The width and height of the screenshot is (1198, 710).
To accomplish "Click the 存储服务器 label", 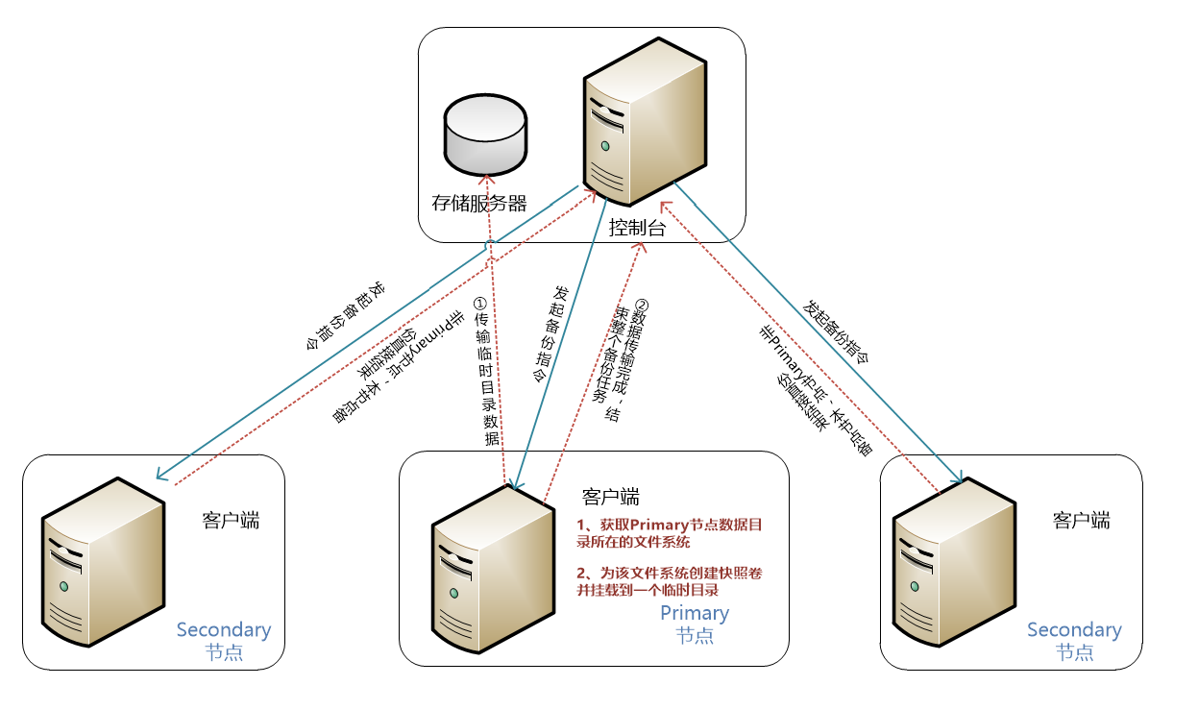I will pyautogui.click(x=479, y=203).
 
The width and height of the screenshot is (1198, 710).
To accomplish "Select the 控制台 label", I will pyautogui.click(x=638, y=228).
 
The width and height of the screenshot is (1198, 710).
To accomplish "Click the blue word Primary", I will pyautogui.click(x=695, y=613).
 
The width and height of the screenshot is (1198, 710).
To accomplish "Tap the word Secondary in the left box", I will pyautogui.click(x=223, y=630).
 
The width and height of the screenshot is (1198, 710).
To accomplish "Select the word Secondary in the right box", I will pyautogui.click(x=1074, y=630).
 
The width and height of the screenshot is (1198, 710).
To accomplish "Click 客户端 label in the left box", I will pyautogui.click(x=231, y=521).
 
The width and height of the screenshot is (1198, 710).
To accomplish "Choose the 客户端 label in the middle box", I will pyautogui.click(x=611, y=497).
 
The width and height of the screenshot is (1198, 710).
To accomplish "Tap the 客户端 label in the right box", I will pyautogui.click(x=1082, y=521).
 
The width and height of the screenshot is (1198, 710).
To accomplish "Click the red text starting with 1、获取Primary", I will pyautogui.click(x=670, y=533).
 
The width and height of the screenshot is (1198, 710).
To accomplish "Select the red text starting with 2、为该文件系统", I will pyautogui.click(x=670, y=582).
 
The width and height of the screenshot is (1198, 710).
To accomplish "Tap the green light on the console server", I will pyautogui.click(x=605, y=146).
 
